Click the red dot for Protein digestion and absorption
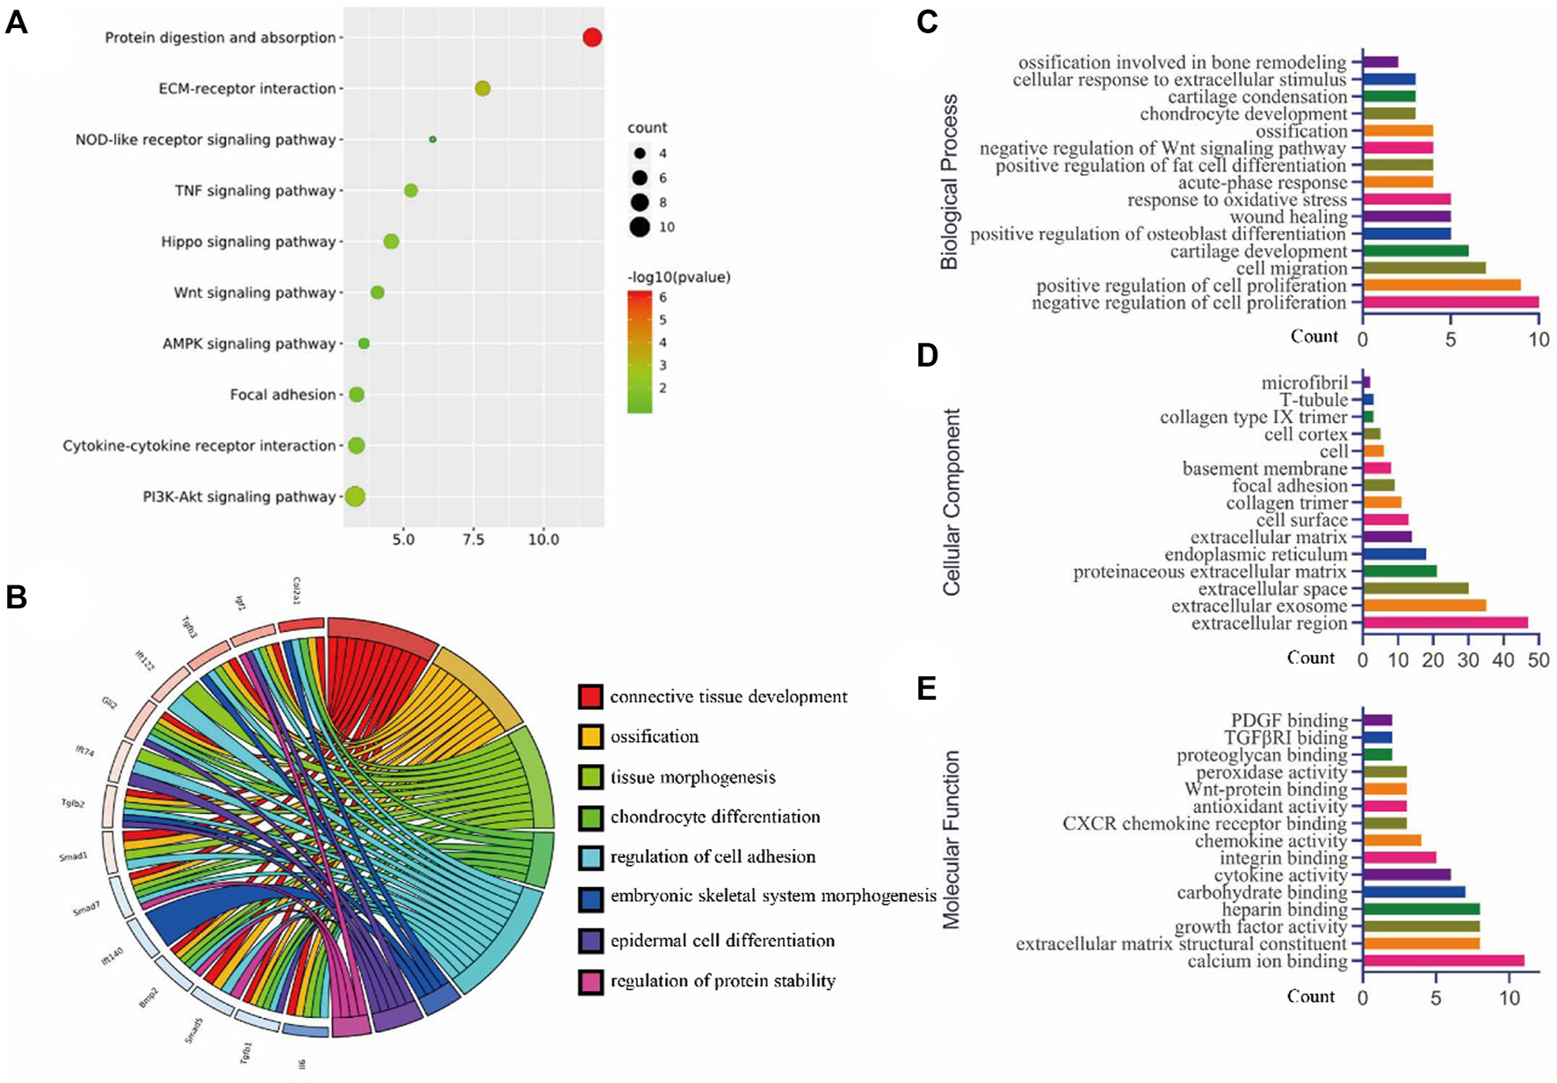[592, 38]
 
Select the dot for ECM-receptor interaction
[482, 89]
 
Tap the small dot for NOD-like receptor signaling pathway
[432, 140]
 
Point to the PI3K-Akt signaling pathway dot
[355, 497]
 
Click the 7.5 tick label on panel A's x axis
[474, 539]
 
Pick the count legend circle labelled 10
[640, 228]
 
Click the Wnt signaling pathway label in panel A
[255, 293]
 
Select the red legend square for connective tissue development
[590, 697]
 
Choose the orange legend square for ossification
[590, 737]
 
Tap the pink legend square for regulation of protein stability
[590, 981]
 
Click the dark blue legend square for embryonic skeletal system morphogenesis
[590, 898]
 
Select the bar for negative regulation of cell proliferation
[1451, 302]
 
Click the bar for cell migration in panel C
[1424, 268]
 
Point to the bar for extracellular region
[1445, 623]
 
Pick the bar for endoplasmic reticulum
[1394, 555]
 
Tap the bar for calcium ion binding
[1444, 962]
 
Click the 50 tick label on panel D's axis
[1539, 660]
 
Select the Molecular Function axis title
[952, 840]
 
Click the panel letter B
[17, 598]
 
